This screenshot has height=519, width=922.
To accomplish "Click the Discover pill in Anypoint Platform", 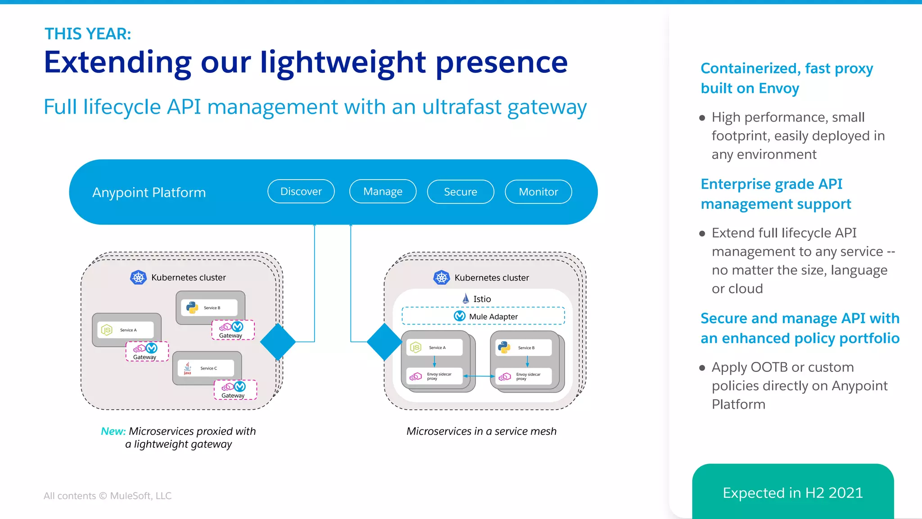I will pyautogui.click(x=301, y=192).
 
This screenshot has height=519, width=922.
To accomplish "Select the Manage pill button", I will pyautogui.click(x=383, y=192).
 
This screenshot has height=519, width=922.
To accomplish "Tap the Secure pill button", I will pyautogui.click(x=460, y=192).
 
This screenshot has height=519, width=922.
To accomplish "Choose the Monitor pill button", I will pyautogui.click(x=538, y=192).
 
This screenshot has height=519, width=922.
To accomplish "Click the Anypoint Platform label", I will pyautogui.click(x=149, y=193).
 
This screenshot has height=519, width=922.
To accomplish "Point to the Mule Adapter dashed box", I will pyautogui.click(x=483, y=316).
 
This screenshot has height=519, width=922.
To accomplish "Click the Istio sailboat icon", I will pyautogui.click(x=466, y=298).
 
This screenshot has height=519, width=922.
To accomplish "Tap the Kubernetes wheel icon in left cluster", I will pyautogui.click(x=139, y=277).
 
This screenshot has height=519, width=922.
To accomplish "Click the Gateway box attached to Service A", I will pyautogui.click(x=147, y=352).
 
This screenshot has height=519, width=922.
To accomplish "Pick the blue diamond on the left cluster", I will pyautogui.click(x=278, y=342).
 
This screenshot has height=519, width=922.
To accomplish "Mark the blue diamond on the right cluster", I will pyautogui.click(x=384, y=342).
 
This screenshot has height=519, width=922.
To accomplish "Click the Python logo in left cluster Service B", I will pyautogui.click(x=192, y=308).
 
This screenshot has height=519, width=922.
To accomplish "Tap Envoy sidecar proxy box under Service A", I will pyautogui.click(x=434, y=376).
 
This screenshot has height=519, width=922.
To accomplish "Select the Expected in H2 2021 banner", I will pyautogui.click(x=792, y=492).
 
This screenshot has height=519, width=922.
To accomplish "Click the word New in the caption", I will pyautogui.click(x=113, y=431).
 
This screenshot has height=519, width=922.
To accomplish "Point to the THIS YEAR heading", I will pyautogui.click(x=88, y=34).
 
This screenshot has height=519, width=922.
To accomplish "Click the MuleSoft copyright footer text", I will pyautogui.click(x=108, y=496).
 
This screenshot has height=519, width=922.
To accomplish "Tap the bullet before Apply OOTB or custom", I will pyautogui.click(x=702, y=368).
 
